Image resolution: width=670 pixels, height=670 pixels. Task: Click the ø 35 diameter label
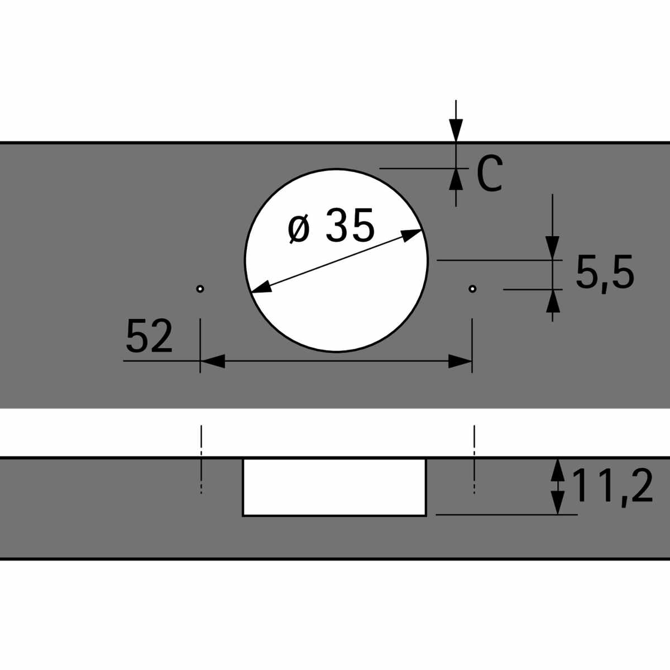[331, 226]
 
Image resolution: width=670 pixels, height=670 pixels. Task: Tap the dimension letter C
[490, 173]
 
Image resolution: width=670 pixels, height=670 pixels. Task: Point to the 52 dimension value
[149, 336]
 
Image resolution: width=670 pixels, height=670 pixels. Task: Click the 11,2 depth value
[612, 486]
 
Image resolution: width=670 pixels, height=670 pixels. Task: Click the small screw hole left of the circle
[200, 289]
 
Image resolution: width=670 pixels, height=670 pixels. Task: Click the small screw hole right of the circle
[472, 289]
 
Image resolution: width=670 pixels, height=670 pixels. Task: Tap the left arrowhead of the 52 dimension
[212, 361]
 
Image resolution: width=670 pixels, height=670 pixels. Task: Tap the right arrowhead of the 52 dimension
[460, 361]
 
